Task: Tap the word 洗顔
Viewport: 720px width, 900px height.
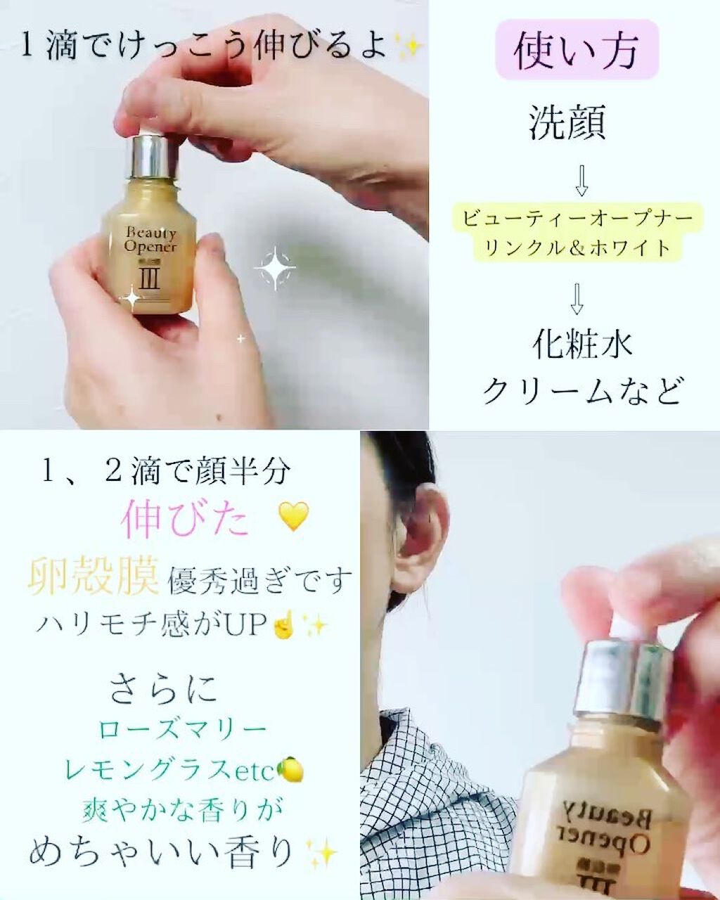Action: tap(567, 122)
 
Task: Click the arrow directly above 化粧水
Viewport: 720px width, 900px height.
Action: tap(577, 299)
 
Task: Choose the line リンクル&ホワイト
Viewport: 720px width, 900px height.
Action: tap(577, 248)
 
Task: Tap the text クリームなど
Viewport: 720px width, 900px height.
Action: tap(582, 391)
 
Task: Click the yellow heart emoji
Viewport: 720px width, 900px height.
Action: tap(294, 517)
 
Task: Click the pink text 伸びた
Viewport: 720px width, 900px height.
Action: tap(185, 521)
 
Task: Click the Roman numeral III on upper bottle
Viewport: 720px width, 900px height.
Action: tap(149, 281)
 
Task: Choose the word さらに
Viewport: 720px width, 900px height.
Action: tap(164, 688)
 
